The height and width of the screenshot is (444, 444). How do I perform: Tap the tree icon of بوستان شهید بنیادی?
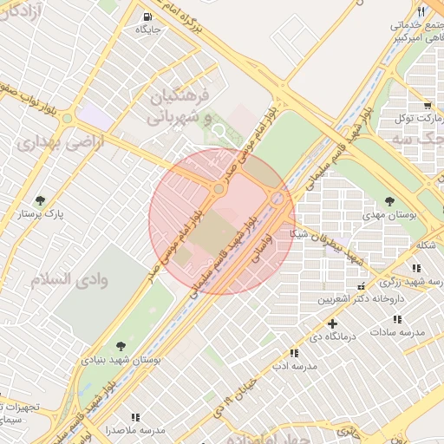click(x=120, y=345)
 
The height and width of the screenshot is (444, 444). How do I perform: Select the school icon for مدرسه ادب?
click(x=295, y=353)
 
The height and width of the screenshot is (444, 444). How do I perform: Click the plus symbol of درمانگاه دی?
click(x=331, y=323)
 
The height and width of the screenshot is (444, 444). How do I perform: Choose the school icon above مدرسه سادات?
click(x=397, y=318)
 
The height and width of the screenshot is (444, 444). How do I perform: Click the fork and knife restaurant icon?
click(x=421, y=10)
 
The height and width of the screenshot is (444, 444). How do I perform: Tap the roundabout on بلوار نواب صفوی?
click(x=66, y=118)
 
